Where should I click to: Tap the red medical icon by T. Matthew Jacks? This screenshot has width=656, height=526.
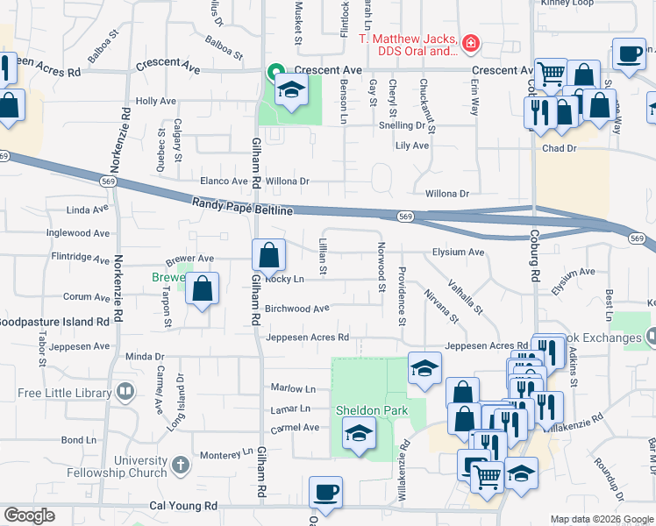pyautogui.click(x=471, y=42)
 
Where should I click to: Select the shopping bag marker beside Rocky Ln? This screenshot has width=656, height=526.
pyautogui.click(x=269, y=256)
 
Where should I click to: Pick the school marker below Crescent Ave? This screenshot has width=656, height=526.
pyautogui.click(x=290, y=89)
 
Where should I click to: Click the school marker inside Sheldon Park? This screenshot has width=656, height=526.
pyautogui.click(x=359, y=434)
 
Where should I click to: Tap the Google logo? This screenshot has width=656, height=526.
pyautogui.click(x=29, y=515)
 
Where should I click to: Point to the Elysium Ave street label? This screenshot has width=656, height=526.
pyautogui.click(x=458, y=252)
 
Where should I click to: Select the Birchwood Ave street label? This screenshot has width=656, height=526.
pyautogui.click(x=296, y=309)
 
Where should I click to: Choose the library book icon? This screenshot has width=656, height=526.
pyautogui.click(x=126, y=391)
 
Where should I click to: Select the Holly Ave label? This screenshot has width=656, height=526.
pyautogui.click(x=155, y=102)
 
